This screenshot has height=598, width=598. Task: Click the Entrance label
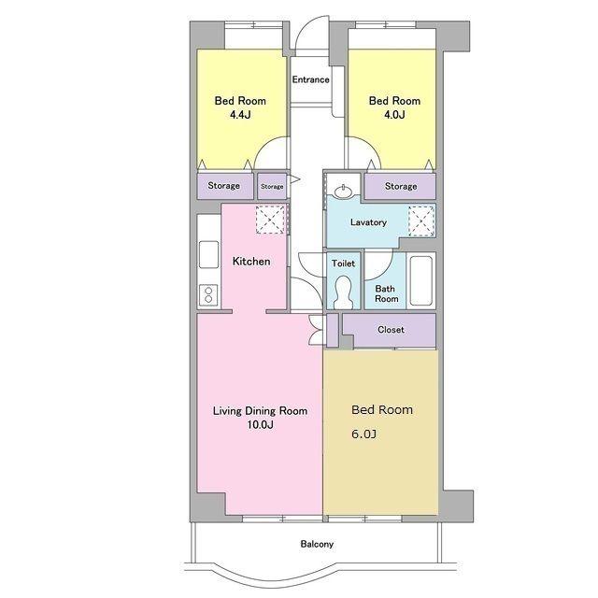pos(310,79)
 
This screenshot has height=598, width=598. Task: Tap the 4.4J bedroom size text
pos(240,114)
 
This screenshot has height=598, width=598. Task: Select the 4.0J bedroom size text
pos(394,114)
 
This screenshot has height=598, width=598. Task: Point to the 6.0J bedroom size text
pos(363,434)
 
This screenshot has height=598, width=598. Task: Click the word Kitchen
pos(251,262)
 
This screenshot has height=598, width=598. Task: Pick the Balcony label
pos(317,544)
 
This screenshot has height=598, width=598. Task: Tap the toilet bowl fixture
pos(343,292)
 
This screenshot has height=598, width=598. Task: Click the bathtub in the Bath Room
pos(421,280)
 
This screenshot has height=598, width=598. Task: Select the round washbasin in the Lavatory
pos(344,191)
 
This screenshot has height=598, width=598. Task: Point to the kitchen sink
pos(208,254)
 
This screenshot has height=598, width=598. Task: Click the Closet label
pos(391,330)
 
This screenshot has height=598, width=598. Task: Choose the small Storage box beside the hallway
pos(272,186)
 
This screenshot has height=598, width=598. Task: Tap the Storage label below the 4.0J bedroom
pos(401,186)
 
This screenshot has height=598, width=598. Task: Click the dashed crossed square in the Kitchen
pos(270,220)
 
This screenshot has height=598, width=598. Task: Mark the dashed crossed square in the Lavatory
pos(421,221)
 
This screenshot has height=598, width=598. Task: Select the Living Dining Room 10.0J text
pos(260,418)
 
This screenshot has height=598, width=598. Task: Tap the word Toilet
pos(343,263)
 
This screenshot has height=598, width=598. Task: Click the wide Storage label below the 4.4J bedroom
pos(224,186)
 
